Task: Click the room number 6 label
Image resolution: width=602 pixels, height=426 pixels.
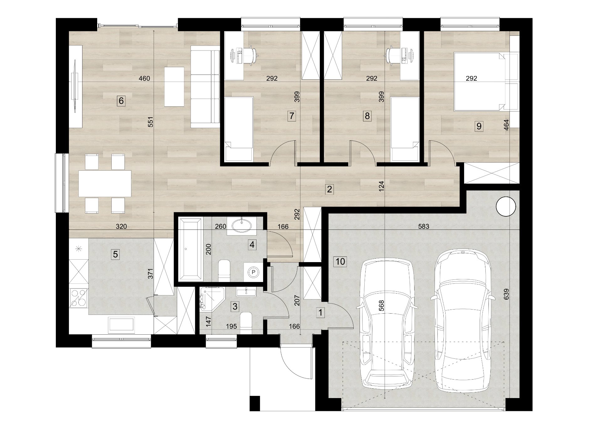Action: [x=121, y=101]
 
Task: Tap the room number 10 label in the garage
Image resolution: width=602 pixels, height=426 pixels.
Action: [x=341, y=261]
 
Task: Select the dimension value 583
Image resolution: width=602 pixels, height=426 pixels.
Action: [x=424, y=226]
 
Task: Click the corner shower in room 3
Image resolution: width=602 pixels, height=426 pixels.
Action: [x=212, y=299]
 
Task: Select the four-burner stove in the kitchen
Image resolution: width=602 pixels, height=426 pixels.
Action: [x=78, y=297]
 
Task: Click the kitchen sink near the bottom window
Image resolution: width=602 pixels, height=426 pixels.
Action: [x=121, y=325]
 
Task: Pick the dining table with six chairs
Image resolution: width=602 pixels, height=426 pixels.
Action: [x=105, y=183]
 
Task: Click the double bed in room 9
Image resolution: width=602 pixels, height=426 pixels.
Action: [x=480, y=82]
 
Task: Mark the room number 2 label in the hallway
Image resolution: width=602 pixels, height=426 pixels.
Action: [x=329, y=189]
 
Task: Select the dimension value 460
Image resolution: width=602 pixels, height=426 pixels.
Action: [x=144, y=78]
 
